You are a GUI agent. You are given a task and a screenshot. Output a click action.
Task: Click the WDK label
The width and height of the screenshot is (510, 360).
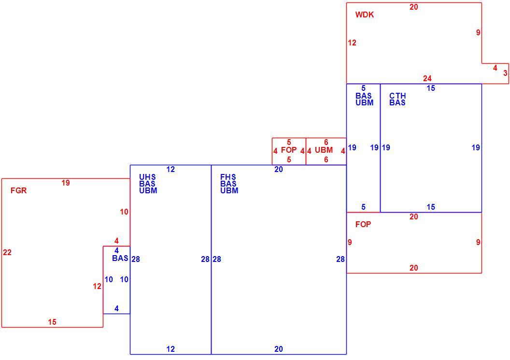click(365, 14)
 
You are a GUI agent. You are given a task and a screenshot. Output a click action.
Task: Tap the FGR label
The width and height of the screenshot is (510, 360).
click(18, 190)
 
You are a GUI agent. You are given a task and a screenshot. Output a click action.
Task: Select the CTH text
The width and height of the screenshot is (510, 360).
click(397, 96)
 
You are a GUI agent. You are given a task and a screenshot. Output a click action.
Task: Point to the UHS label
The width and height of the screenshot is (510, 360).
click(147, 177)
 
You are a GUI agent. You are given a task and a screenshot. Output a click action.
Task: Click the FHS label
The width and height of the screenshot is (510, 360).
click(228, 177)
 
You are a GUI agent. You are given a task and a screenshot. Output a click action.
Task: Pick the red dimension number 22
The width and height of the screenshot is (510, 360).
click(7, 252)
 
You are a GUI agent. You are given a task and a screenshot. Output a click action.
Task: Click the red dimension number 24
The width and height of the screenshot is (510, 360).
click(427, 78)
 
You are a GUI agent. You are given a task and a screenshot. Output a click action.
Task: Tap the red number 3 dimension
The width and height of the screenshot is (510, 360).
click(505, 73)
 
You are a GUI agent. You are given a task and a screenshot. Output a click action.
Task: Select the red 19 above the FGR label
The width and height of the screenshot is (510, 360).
click(66, 183)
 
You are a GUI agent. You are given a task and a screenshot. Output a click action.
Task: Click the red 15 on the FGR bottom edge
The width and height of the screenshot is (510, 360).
click(52, 322)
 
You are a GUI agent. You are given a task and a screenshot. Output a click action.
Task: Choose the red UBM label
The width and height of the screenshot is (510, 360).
click(324, 150)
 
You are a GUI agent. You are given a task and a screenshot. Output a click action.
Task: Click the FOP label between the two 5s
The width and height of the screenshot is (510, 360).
click(289, 150)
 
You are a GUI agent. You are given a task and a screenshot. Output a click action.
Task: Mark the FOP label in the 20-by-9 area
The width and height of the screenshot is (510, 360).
click(363, 224)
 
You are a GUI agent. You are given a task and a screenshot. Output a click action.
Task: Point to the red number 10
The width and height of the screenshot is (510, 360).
click(124, 212)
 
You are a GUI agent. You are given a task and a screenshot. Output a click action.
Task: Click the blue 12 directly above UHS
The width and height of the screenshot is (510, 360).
click(170, 169)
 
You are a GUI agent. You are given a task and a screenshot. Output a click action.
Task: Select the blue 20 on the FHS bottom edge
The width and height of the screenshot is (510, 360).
click(278, 349)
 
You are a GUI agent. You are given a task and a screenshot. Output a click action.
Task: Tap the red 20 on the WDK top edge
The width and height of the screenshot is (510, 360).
click(414, 7)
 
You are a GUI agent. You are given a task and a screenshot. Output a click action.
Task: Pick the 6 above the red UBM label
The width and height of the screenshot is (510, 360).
click(326, 142)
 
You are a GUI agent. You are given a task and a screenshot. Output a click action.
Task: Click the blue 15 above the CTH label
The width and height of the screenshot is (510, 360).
click(431, 88)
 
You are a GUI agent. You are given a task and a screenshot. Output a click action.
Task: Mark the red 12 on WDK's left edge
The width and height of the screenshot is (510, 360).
click(352, 43)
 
